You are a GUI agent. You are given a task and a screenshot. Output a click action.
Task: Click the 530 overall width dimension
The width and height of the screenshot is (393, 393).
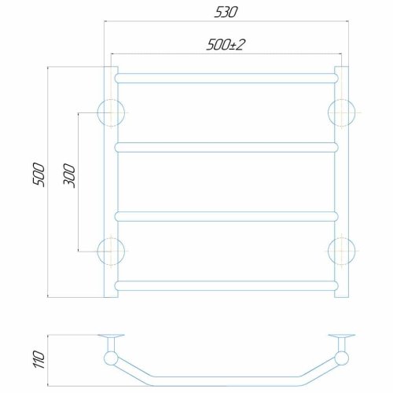click(226, 13)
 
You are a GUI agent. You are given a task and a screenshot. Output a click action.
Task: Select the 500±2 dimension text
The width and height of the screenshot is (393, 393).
click(226, 45)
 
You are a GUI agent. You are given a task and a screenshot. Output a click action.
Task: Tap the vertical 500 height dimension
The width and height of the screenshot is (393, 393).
click(39, 174)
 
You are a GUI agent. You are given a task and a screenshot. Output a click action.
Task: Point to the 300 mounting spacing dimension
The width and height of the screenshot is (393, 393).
click(69, 175)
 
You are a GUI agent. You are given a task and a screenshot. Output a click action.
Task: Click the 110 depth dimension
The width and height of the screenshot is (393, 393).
click(39, 359)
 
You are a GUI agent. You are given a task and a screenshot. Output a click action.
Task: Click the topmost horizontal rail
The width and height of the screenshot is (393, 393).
click(226, 79)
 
